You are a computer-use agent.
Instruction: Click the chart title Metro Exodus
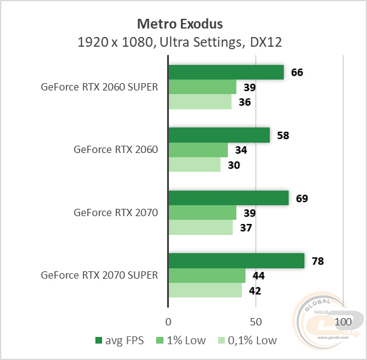coord(180,24)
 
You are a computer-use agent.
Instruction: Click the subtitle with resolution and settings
coord(180,42)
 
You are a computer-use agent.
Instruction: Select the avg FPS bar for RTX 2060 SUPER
coord(225,72)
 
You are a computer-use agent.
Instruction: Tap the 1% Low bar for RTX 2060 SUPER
coord(202,87)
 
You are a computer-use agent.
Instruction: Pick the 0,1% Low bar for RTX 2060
coord(194,165)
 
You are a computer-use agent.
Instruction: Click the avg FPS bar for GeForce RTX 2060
coord(219,135)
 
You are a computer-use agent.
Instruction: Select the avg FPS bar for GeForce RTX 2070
coord(228,198)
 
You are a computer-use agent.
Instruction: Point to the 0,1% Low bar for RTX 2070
coord(200,228)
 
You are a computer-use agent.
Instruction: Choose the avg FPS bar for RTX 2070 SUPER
coord(236,261)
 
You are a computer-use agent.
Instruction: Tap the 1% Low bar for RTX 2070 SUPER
coord(207,276)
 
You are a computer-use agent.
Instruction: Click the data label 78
coord(317,261)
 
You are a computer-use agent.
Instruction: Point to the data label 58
coord(283,135)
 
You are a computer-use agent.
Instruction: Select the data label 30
coord(234,165)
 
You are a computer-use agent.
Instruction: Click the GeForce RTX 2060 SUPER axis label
coord(99,87)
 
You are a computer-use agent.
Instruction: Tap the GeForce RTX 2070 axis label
coord(115,212)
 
